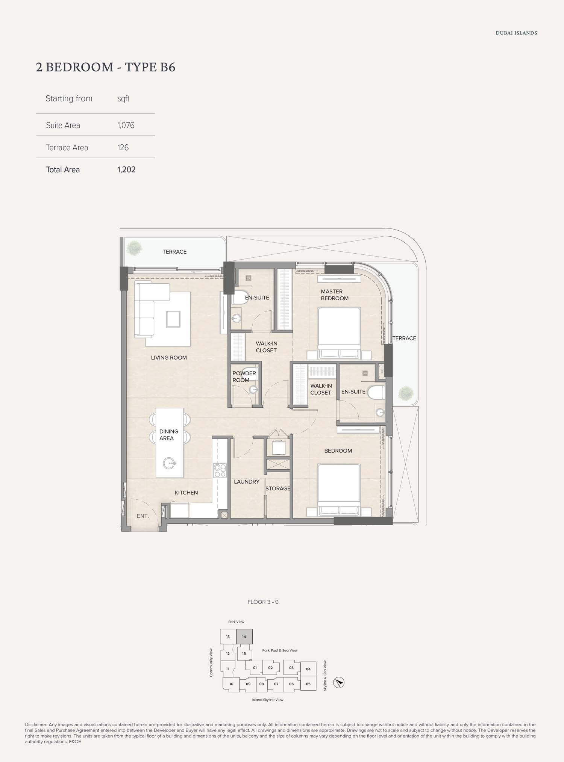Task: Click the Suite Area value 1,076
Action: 126,125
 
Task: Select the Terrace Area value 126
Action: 123,147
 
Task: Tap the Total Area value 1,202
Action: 126,169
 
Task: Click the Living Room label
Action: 169,358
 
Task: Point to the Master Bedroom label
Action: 334,295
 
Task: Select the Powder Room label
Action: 244,376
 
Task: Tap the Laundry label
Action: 247,482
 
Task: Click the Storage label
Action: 278,488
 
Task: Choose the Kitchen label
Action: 186,493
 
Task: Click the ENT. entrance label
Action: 143,516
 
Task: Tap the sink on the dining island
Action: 170,463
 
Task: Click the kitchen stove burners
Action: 220,471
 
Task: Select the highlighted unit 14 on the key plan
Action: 244,637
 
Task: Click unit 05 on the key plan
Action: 308,684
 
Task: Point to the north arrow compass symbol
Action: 339,683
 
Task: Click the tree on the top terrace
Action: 134,248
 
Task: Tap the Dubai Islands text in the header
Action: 516,33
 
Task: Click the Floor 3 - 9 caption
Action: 263,602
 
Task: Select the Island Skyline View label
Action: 268,700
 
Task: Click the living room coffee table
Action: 173,319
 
